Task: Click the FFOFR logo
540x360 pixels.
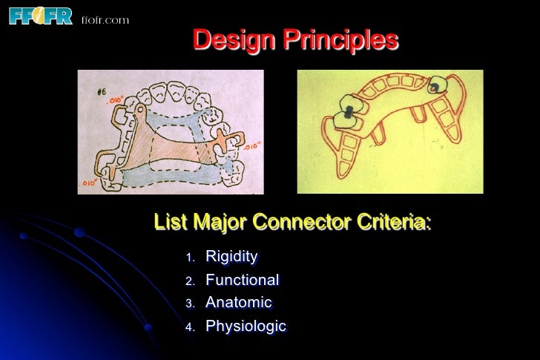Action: click(x=40, y=15)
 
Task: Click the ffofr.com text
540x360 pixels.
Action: click(x=105, y=19)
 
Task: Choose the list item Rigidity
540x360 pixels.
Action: click(x=231, y=257)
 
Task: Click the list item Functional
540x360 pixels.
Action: click(x=242, y=280)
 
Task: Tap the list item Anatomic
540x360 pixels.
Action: click(x=238, y=303)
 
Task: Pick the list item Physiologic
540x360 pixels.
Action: click(x=246, y=327)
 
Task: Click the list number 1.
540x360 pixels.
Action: click(x=189, y=258)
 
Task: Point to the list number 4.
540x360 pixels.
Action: click(x=189, y=327)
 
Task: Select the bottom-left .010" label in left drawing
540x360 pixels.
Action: click(x=90, y=182)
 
